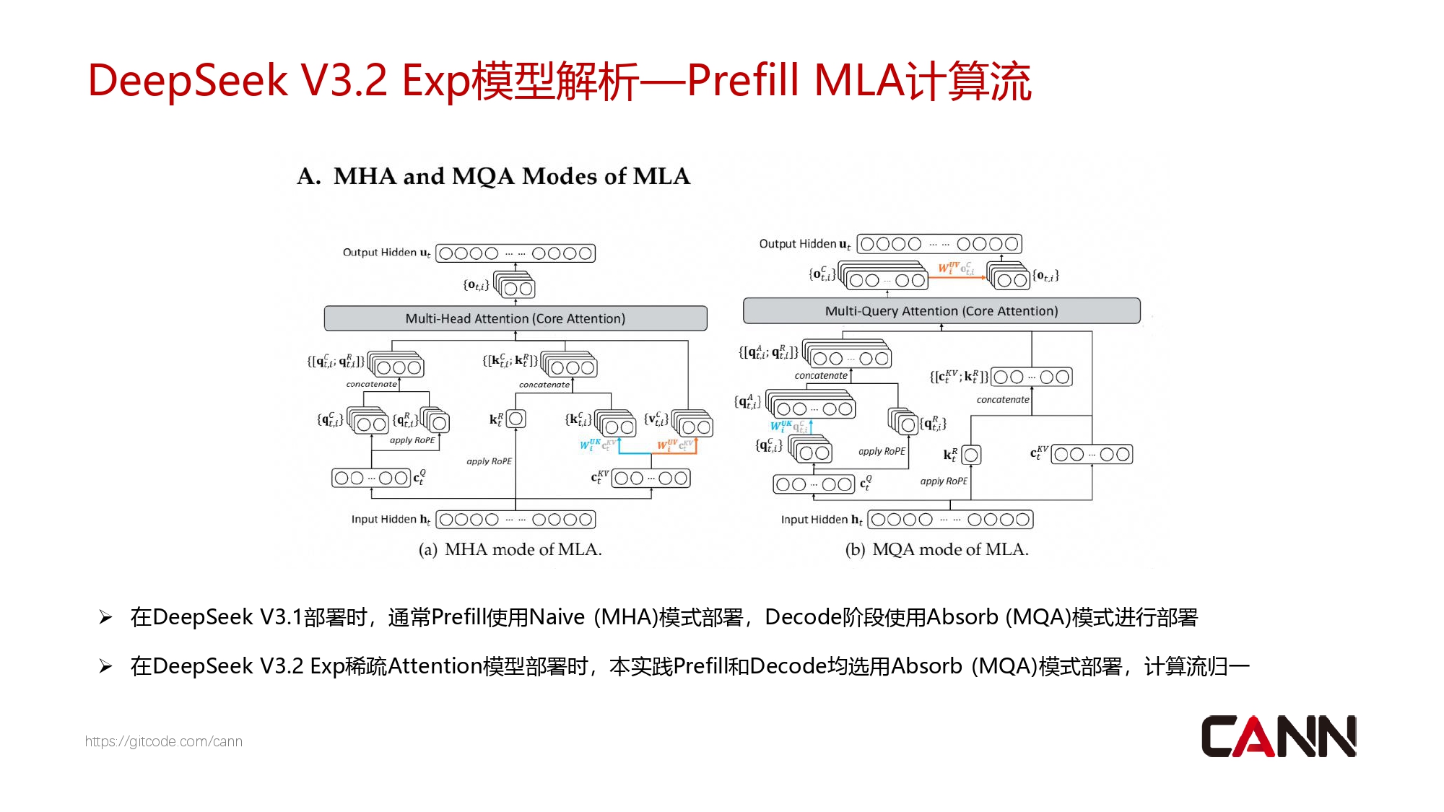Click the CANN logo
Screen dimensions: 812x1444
point(1278,736)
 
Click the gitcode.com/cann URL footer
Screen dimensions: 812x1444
point(164,741)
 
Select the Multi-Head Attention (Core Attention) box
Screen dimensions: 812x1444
point(516,318)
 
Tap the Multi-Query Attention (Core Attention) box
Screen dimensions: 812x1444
point(941,311)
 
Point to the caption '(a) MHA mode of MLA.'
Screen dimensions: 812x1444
point(510,549)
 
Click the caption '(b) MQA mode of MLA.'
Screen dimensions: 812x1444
point(936,549)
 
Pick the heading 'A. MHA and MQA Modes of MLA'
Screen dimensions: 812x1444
point(494,176)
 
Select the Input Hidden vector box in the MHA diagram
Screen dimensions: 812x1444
point(516,520)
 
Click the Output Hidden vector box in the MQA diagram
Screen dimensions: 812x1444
point(939,244)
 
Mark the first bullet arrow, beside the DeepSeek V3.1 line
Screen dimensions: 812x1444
point(106,617)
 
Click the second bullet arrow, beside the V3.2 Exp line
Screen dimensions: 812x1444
point(106,666)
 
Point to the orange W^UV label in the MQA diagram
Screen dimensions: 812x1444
point(949,268)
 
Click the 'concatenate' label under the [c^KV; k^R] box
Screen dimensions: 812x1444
point(1003,399)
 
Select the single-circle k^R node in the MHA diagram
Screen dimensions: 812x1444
point(516,419)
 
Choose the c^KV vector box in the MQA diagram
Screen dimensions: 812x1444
point(1092,454)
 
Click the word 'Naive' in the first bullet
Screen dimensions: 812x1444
point(557,617)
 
